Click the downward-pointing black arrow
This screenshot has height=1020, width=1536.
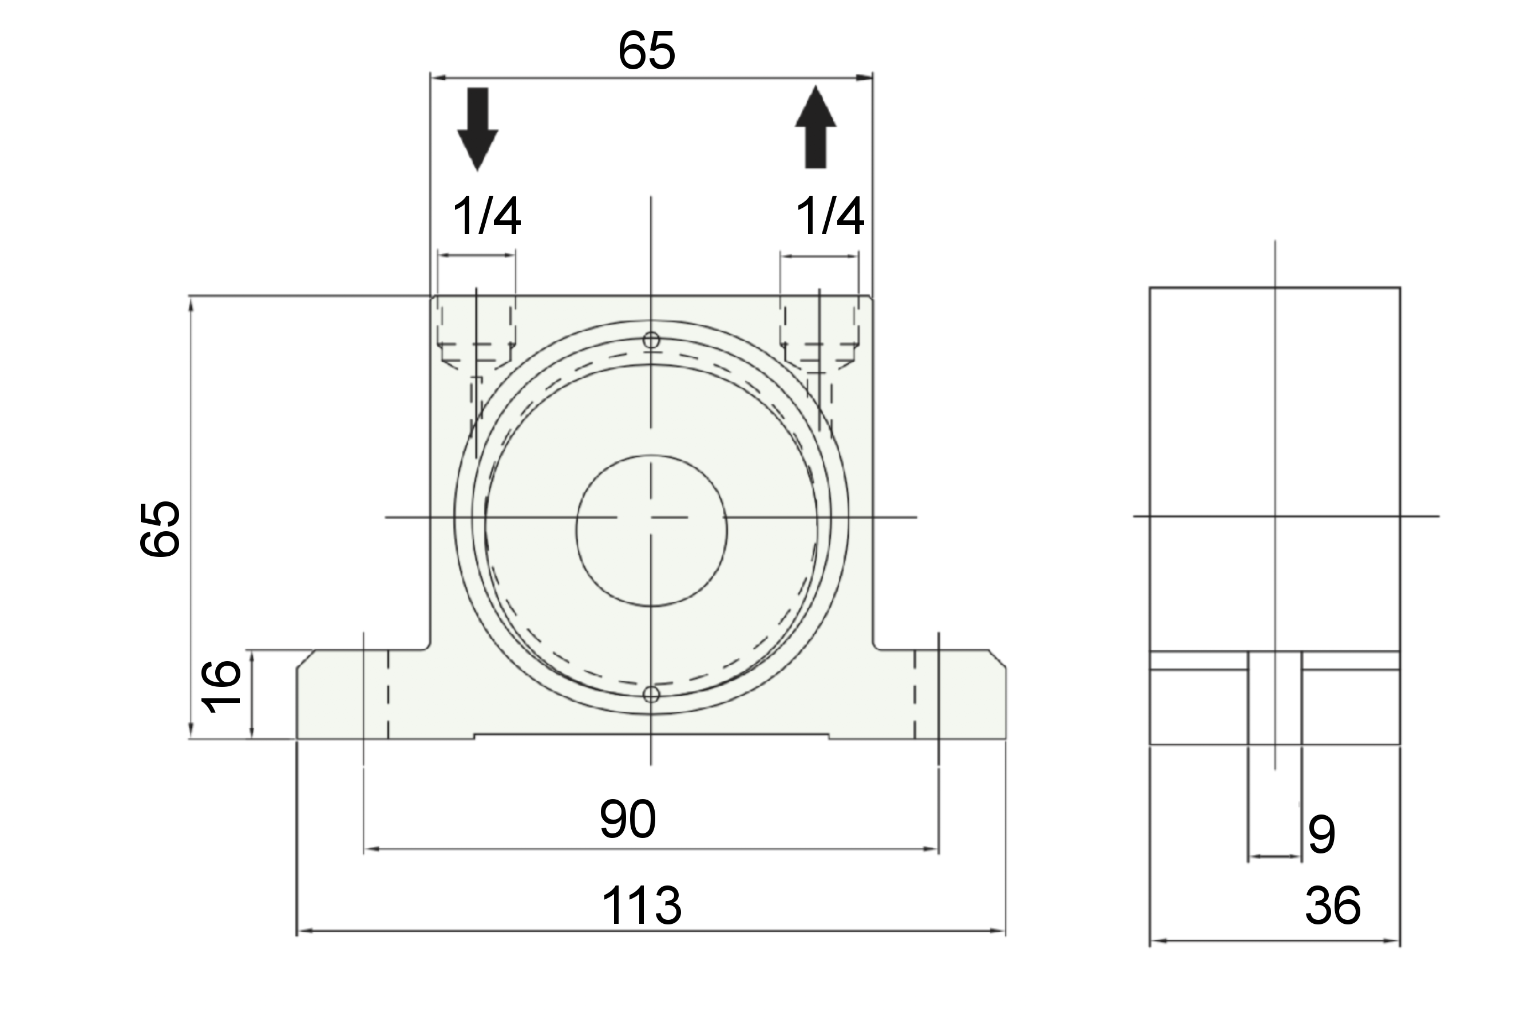477,129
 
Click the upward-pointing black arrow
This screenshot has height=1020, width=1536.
815,127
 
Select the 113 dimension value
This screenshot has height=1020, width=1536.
642,905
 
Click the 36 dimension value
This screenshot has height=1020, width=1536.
1332,905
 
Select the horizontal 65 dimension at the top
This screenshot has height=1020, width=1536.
647,51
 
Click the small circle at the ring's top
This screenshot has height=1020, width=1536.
651,340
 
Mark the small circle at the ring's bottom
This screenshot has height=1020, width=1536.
651,695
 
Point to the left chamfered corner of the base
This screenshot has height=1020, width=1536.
306,658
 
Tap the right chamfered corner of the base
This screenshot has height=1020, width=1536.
997,658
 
